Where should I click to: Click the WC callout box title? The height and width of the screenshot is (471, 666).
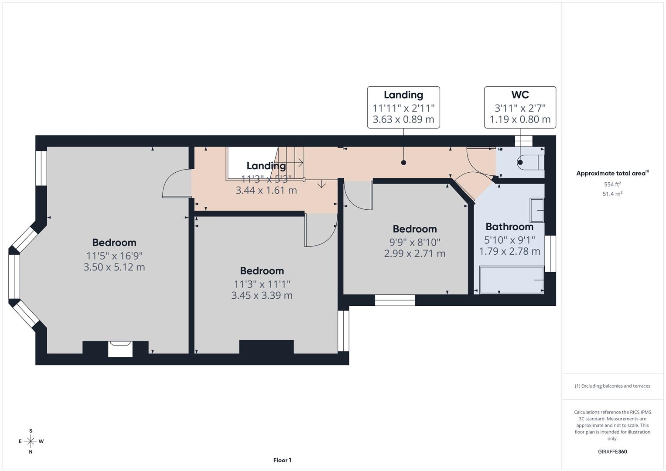pos(520,95)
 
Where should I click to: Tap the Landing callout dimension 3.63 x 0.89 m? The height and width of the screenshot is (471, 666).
pos(403,119)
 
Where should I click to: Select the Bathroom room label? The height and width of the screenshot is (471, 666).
pos(509,227)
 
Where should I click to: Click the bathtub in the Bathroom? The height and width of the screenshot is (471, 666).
pos(512,279)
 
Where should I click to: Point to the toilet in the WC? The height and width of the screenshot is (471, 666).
pos(530,162)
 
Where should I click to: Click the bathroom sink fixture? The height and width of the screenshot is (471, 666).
pos(537,210)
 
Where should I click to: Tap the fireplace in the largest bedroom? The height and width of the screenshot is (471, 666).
pos(120,348)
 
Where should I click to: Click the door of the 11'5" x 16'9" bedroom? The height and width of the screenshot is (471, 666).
pos(177,184)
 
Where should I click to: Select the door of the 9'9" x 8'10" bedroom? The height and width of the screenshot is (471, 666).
pos(358,195)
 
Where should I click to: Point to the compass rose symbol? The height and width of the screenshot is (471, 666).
pos(31,441)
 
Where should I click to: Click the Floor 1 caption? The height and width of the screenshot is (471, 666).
pos(282,460)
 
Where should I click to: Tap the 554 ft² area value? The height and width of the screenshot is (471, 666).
pos(612,184)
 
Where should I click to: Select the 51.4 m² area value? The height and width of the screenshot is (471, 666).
pos(612,194)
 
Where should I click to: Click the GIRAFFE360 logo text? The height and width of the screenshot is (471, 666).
pos(612,452)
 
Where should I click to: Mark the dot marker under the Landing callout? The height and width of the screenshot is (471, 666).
pos(403,163)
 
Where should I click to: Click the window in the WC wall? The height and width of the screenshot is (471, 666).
pos(524,141)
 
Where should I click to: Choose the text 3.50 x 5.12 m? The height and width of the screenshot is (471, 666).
pos(114,267)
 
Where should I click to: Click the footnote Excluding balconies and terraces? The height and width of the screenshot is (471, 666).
pos(612,386)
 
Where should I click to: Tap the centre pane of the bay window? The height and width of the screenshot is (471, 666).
pos(14,276)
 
